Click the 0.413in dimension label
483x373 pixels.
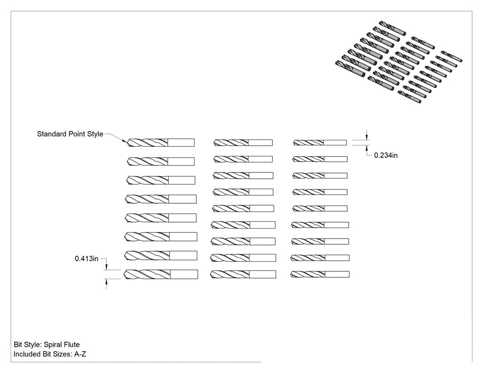tap(86, 259)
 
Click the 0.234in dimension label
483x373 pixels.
tap(385, 155)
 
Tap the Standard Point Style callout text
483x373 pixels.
tap(70, 134)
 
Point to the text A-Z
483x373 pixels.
tap(80, 354)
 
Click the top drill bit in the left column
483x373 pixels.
tap(161, 143)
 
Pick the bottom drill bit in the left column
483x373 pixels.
tap(161, 275)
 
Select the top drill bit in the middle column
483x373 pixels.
tap(243, 143)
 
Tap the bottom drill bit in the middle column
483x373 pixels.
tap(243, 275)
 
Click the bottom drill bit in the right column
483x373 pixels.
tap(320, 275)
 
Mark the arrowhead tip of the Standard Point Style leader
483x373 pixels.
tap(126, 142)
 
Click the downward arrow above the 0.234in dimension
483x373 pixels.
tap(367, 135)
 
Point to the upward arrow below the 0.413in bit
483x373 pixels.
tap(106, 284)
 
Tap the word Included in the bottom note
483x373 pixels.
tap(27, 354)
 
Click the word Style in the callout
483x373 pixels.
tap(95, 134)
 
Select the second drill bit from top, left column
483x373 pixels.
tap(161, 161)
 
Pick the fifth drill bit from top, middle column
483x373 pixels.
tap(243, 208)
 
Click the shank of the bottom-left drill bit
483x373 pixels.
tap(184, 275)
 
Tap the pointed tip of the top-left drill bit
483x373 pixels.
tap(127, 143)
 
